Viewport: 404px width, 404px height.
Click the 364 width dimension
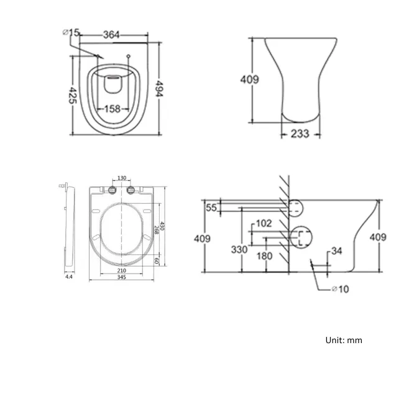tap(111, 35)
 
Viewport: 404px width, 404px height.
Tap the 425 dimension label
tap(73, 94)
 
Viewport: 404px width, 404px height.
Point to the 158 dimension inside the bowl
tap(112, 109)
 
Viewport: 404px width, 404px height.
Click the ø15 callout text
tap(71, 32)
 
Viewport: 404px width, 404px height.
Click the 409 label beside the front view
tap(250, 80)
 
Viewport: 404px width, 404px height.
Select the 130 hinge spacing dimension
tap(122, 178)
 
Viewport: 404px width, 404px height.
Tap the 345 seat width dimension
tap(122, 277)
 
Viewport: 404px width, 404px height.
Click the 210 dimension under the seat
tap(122, 270)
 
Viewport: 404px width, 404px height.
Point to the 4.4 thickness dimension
tap(68, 277)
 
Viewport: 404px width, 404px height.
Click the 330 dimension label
tap(240, 249)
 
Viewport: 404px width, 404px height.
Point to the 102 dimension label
tap(264, 223)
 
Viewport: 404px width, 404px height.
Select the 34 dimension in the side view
tap(337, 251)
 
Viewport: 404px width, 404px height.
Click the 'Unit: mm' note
tap(343, 340)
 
